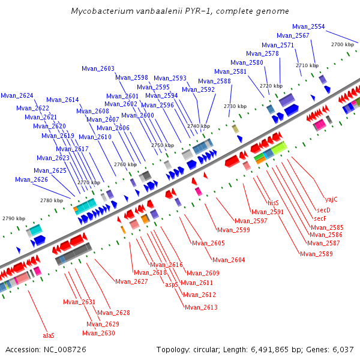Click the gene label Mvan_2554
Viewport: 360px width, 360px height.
[x=308, y=27]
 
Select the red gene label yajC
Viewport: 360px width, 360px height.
[x=332, y=199]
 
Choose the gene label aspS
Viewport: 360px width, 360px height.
[x=172, y=284]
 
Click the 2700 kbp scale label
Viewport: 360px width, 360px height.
[x=343, y=44]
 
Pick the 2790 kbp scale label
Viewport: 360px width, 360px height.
[x=13, y=219]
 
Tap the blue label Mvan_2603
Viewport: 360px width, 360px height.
[x=98, y=69]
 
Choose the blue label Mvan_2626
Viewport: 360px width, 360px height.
[x=31, y=179]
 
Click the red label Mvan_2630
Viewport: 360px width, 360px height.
[x=98, y=333]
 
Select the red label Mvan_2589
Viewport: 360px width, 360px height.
[x=316, y=254]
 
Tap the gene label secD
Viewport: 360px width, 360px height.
[x=323, y=210]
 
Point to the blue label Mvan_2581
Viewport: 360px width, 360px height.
[x=230, y=72]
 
